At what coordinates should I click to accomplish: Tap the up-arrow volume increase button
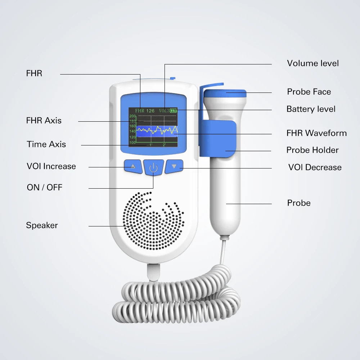pos(133,166)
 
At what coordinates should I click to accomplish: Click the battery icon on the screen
pos(174,111)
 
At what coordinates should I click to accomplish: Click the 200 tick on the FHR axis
pos(132,116)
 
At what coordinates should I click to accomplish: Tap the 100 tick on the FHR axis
pos(132,143)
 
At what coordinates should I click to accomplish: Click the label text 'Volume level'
pos(313,63)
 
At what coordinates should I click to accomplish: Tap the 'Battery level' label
pos(311,109)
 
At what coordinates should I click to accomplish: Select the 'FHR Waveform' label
pos(316,133)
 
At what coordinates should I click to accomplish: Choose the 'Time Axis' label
pos(46,144)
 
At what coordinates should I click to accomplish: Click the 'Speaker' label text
pos(42,225)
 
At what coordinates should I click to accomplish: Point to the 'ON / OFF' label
pos(45,188)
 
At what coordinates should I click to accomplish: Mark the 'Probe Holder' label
pos(312,150)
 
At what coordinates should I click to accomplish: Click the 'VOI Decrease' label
pos(315,167)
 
